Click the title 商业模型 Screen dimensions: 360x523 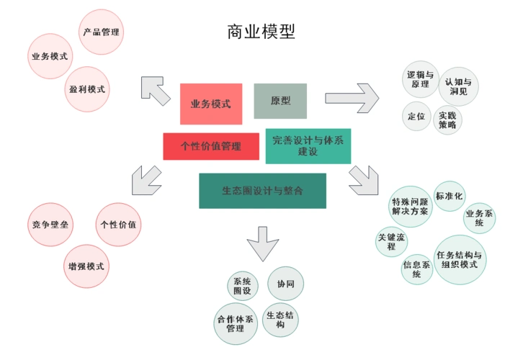click(261, 32)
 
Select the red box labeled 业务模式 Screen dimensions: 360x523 click(211, 104)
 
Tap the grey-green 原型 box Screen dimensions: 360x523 click(280, 101)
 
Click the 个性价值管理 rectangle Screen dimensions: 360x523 click(211, 146)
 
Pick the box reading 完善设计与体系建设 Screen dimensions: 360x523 click(308, 146)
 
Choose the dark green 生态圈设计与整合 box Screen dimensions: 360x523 click(262, 191)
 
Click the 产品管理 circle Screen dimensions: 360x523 click(101, 32)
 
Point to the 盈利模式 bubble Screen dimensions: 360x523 click(88, 89)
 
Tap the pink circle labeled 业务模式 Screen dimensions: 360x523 click(50, 56)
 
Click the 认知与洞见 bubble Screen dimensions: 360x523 click(459, 86)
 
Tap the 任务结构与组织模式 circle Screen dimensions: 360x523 click(460, 259)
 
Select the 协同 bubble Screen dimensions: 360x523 click(286, 284)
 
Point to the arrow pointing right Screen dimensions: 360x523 click(351, 97)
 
